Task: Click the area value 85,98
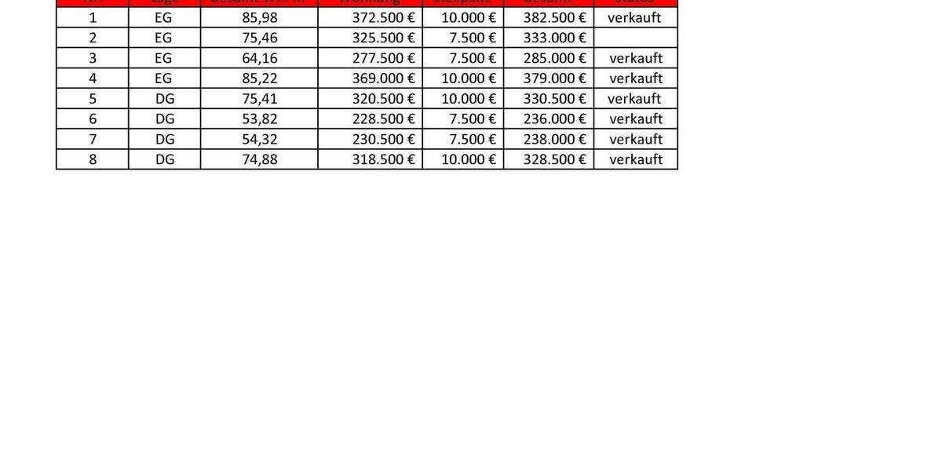coord(260,17)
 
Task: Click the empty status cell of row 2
coord(635,38)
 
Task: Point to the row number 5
coord(93,99)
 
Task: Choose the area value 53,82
coord(260,119)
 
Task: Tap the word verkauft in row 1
coord(634,17)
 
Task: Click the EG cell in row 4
coord(163,78)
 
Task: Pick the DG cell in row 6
coord(165,119)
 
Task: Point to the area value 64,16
coord(260,58)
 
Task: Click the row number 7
coord(93,139)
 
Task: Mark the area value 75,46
coord(260,38)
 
